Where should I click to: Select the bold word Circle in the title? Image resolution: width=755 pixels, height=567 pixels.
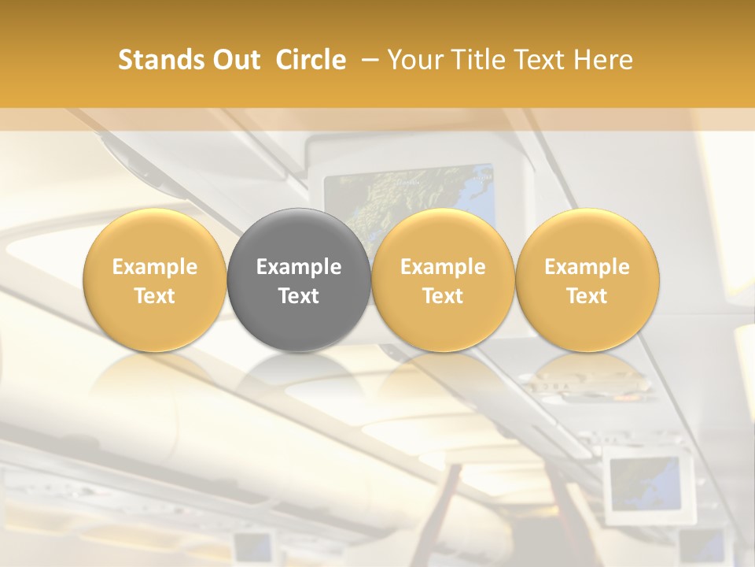click(311, 60)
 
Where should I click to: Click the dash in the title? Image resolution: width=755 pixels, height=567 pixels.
click(367, 60)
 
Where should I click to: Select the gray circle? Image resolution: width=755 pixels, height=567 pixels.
click(299, 280)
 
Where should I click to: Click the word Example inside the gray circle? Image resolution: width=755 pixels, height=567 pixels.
click(299, 267)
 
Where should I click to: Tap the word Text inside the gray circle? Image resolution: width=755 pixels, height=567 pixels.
click(299, 296)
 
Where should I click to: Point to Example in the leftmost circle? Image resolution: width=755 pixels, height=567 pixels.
click(154, 267)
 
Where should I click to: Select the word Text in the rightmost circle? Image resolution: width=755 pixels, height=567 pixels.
click(587, 296)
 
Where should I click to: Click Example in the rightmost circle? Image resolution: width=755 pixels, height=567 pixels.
click(587, 267)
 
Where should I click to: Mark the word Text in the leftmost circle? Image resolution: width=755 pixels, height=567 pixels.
click(154, 296)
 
